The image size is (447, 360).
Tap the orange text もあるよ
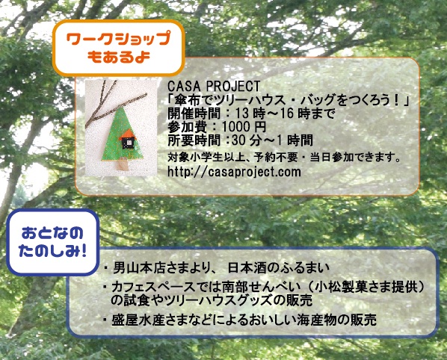tap(118, 57)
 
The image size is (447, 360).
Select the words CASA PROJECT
tap(214, 86)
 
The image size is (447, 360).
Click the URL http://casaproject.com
tap(234, 172)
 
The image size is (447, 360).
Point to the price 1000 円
tap(244, 126)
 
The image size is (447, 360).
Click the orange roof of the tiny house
tap(129, 133)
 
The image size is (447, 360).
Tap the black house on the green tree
tap(129, 143)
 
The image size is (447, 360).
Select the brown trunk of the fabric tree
tap(123, 164)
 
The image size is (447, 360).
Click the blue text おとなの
tap(52, 233)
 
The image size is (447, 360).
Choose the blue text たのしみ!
tap(52, 251)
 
